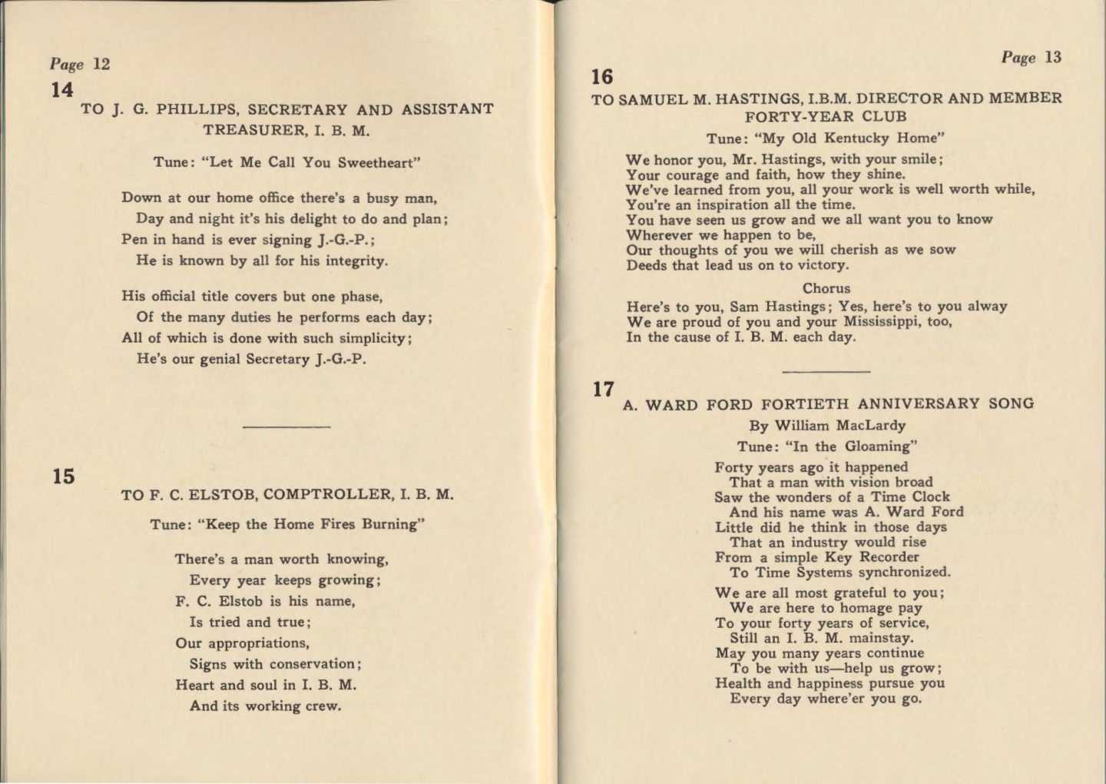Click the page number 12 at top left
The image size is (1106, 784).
(101, 64)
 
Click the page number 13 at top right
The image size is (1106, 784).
(1053, 57)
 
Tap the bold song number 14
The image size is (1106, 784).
(62, 90)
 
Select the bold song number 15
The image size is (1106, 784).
(64, 477)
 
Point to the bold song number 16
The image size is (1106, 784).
(602, 77)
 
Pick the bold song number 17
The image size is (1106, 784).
(603, 389)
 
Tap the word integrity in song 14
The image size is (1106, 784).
(352, 261)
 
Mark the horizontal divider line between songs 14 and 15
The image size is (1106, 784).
(286, 426)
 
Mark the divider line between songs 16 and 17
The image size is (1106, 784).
(826, 372)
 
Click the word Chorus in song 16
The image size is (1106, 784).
(826, 288)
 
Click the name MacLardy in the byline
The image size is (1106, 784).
(870, 425)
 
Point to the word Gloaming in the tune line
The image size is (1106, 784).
(877, 446)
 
